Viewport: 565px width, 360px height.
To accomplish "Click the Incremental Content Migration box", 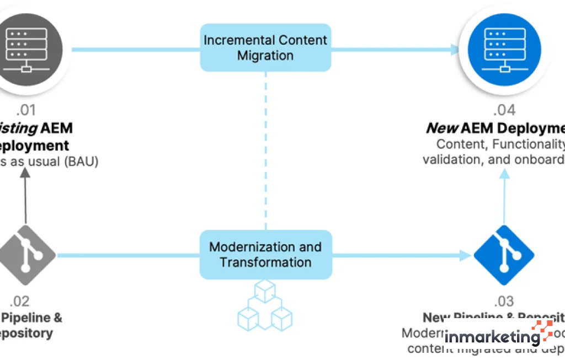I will coord(265,47).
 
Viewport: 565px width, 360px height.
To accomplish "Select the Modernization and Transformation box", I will coord(265,254).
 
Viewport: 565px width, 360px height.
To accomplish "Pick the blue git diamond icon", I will coord(504,255).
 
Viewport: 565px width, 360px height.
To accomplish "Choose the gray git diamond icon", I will coord(26,255).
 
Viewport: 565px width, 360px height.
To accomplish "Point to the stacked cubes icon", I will coord(265,304).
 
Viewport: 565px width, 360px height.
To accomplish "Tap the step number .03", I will coord(503,301).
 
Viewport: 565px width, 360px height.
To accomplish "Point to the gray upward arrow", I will coord(25,193).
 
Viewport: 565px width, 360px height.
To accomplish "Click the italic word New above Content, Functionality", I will coord(441,128).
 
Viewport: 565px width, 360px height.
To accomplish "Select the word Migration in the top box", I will coord(265,56).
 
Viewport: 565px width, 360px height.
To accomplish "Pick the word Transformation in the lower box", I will coord(265,262).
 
